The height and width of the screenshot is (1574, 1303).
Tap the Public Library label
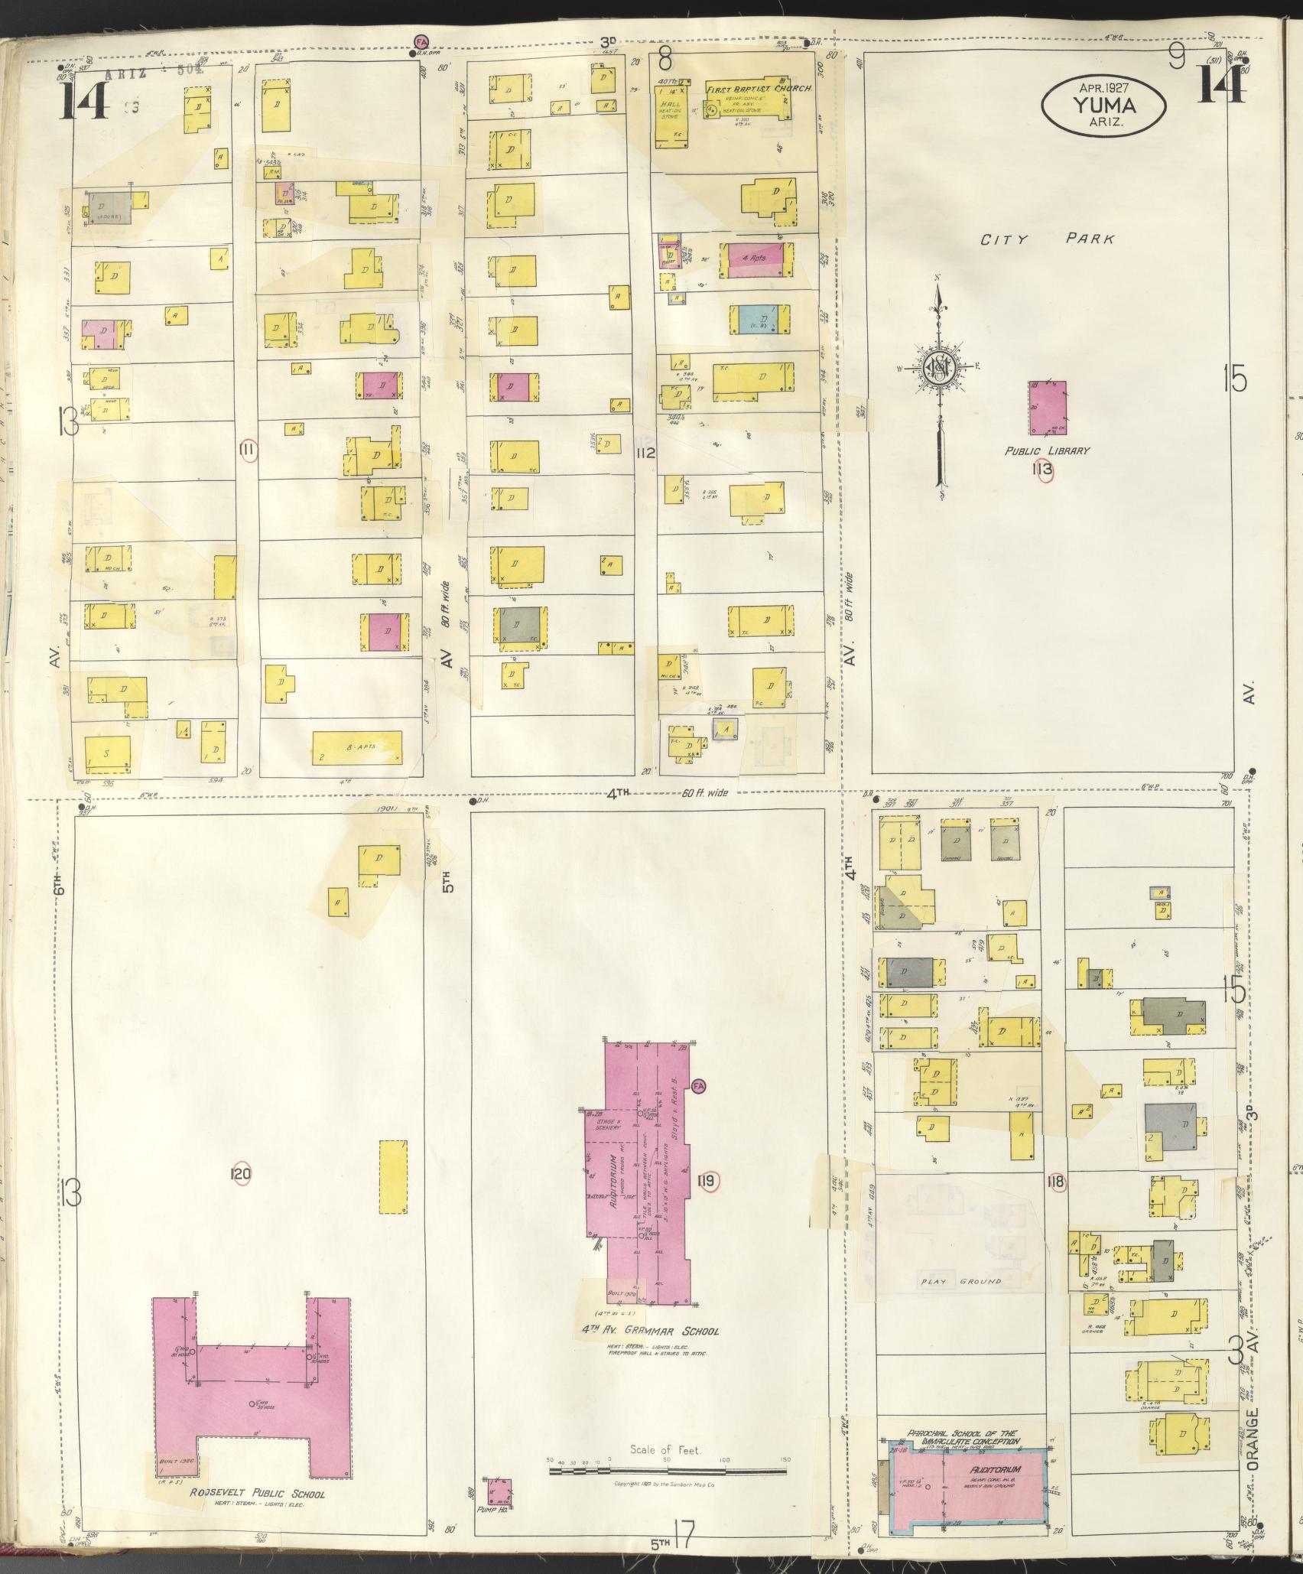point(1047,451)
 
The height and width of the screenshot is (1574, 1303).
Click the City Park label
point(1048,239)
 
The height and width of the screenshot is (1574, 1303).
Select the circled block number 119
point(706,1203)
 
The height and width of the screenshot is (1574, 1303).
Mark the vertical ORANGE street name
point(1252,1446)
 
